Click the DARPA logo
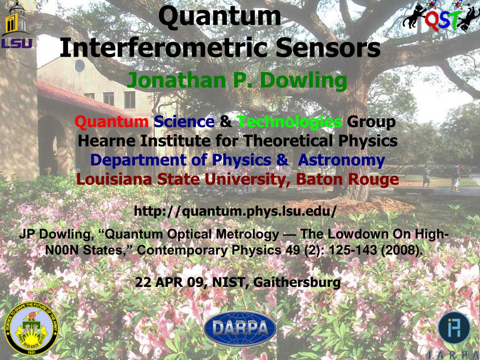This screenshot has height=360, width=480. [x=240, y=329]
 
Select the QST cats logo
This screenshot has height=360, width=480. [x=441, y=16]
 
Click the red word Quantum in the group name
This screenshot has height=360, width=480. [x=112, y=122]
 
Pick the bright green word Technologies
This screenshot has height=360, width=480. [x=289, y=122]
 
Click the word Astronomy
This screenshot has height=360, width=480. [x=341, y=160]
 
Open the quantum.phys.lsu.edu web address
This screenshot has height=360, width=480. [x=235, y=211]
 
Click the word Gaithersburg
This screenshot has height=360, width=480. [x=297, y=282]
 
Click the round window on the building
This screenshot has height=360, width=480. [x=79, y=66]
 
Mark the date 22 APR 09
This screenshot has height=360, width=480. [x=169, y=282]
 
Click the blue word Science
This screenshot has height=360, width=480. [x=184, y=122]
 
